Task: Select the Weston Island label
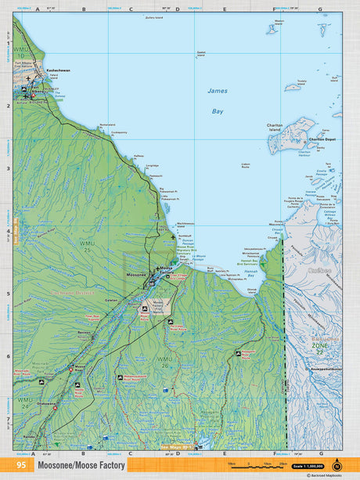(x=279, y=23)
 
